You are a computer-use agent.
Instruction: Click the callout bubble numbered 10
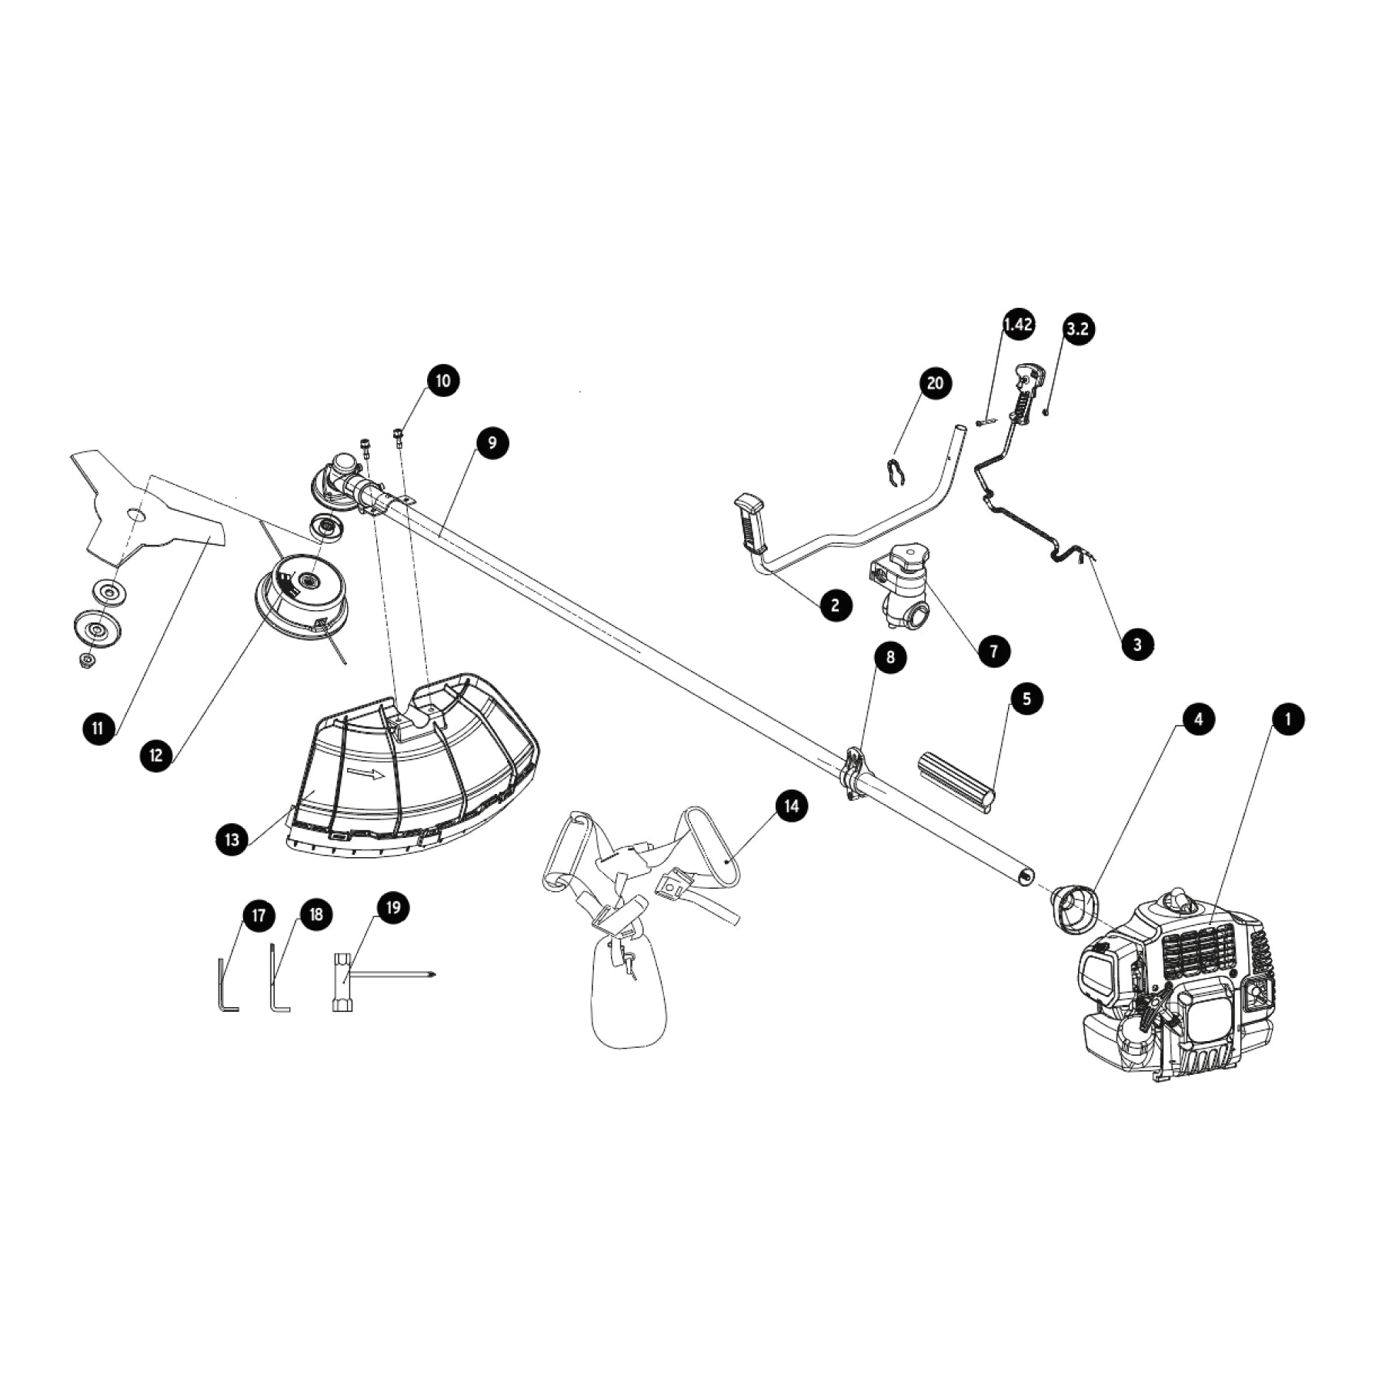(443, 381)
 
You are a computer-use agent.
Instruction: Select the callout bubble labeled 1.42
(1018, 325)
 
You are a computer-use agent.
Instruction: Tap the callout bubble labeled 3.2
(1079, 329)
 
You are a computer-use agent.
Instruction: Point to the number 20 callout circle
(935, 383)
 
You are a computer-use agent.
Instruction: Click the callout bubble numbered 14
(792, 806)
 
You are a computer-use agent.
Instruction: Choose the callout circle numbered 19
(392, 908)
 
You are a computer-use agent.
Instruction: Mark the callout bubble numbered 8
(891, 657)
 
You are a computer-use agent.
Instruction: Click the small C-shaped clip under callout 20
(893, 473)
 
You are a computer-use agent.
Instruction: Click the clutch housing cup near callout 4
(1072, 907)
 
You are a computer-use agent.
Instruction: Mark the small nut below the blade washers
(86, 660)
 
